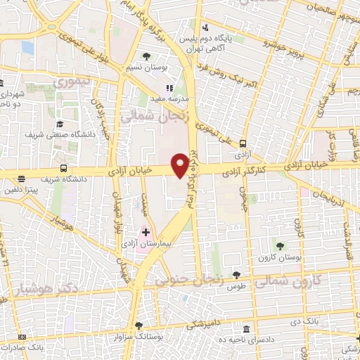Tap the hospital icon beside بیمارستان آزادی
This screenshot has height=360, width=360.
(x=146, y=231)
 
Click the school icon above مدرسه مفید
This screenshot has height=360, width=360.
(x=169, y=89)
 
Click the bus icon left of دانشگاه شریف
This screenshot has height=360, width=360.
(x=64, y=169)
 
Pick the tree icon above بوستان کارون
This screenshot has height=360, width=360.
(x=281, y=245)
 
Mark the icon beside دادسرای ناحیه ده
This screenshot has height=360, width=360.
(x=245, y=329)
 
